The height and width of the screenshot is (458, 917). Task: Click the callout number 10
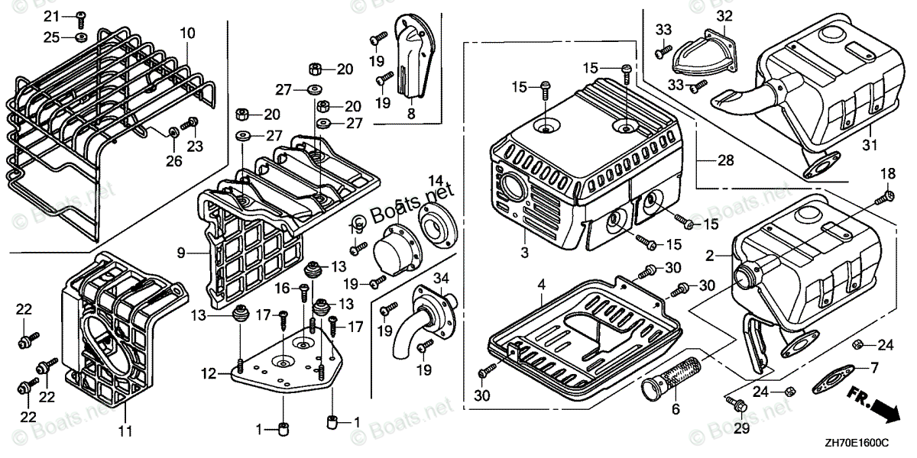[188, 33]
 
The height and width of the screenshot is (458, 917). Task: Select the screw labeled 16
[303, 290]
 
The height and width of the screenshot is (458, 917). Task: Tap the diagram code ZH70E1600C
[856, 443]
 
